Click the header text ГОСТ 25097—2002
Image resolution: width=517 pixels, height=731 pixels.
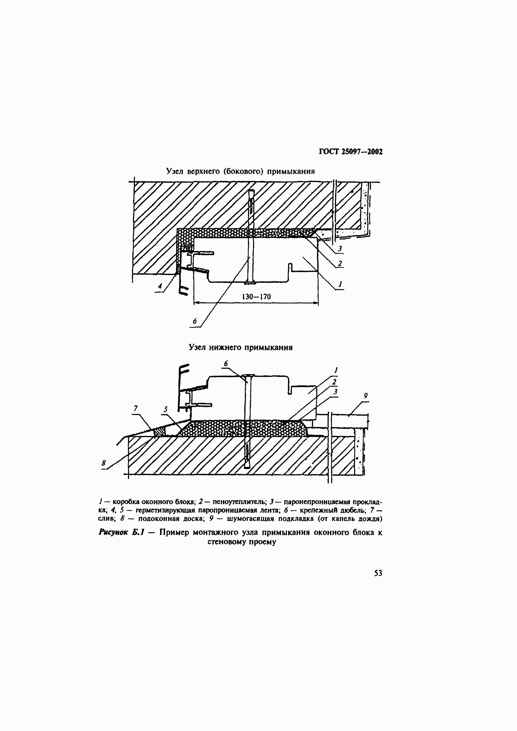click(350, 152)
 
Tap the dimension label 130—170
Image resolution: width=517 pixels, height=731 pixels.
click(256, 297)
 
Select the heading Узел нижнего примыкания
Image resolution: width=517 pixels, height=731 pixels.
click(241, 347)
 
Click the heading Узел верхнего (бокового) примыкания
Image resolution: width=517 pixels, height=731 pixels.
click(240, 172)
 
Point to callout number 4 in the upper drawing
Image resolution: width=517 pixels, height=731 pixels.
click(160, 286)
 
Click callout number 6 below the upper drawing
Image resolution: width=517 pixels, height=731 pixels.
click(195, 321)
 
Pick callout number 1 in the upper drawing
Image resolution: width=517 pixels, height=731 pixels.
click(340, 284)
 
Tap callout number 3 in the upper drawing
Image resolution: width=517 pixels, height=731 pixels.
click(340, 248)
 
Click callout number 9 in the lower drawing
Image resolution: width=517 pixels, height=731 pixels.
click(365, 396)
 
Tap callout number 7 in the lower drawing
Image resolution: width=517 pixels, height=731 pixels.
click(136, 408)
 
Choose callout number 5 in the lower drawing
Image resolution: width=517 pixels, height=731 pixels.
click(166, 409)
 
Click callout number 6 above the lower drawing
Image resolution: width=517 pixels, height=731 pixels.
click(226, 363)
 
